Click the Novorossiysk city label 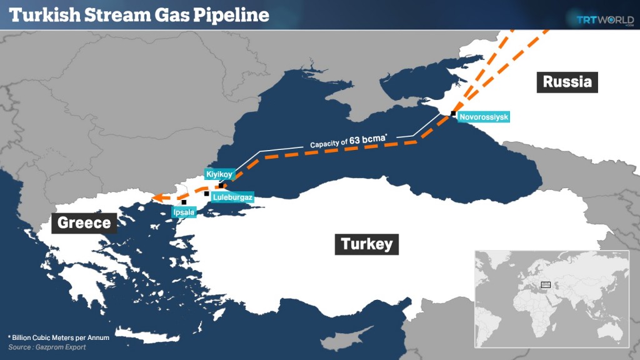tap(484, 117)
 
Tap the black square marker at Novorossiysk tap(453, 114)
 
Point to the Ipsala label tap(184, 212)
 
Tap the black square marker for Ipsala tap(184, 202)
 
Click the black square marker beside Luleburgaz tap(207, 194)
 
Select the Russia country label tap(567, 81)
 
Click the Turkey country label tap(367, 243)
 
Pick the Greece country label tap(84, 222)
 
